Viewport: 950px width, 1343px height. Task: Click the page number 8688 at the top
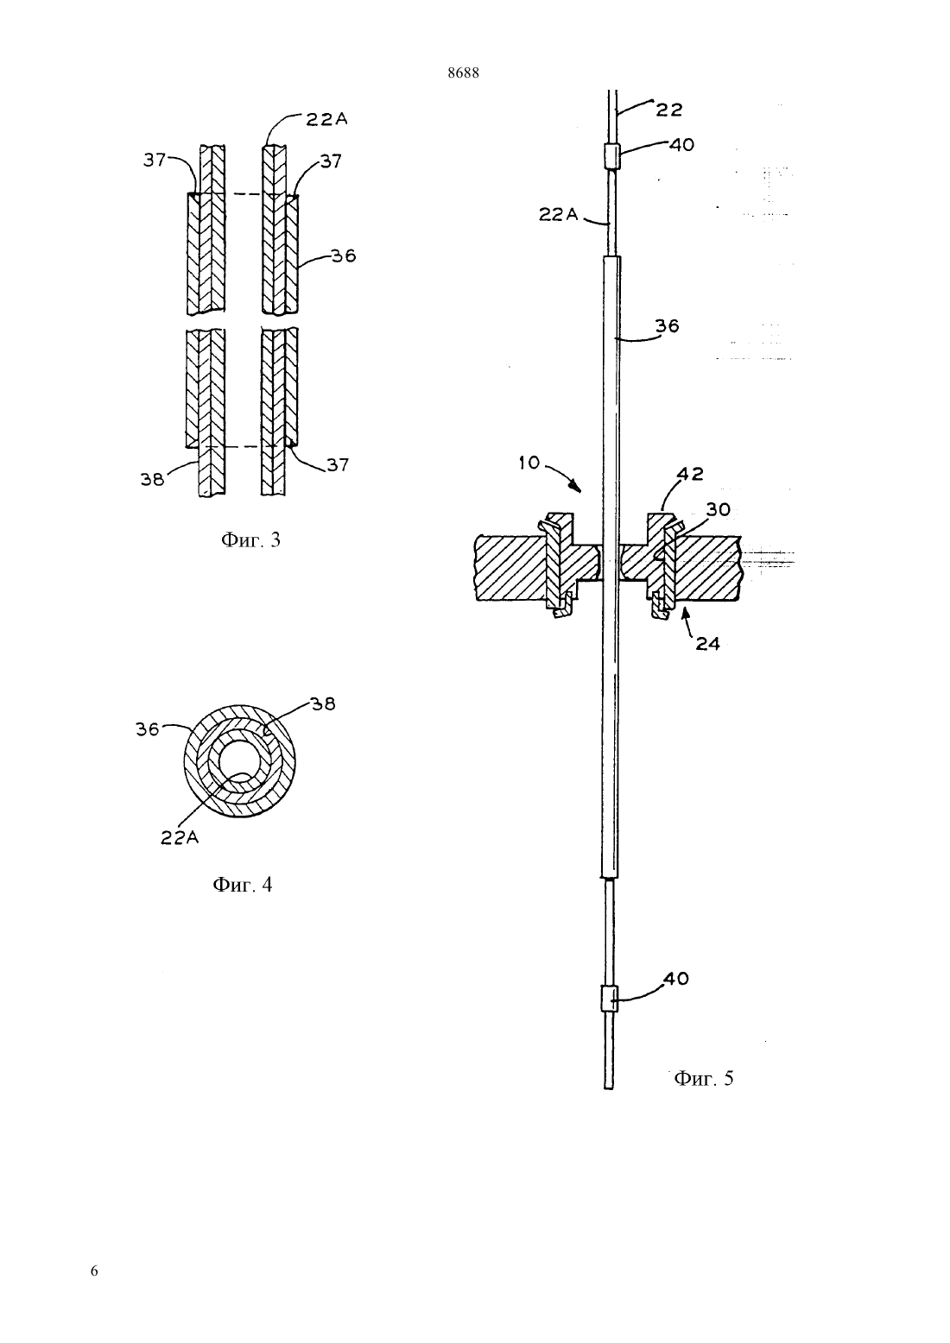tap(463, 73)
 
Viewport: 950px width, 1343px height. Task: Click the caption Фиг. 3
tap(250, 540)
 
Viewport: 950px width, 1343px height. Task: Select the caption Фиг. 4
tap(243, 885)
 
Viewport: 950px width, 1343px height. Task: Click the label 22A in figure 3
tap(326, 119)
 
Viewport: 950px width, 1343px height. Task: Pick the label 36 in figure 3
tap(344, 256)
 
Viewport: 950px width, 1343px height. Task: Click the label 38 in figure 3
tap(152, 480)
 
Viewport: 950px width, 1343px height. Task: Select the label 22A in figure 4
tap(180, 838)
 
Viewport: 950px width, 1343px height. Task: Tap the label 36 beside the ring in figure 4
tap(148, 729)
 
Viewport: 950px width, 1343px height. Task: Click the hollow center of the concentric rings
tap(238, 762)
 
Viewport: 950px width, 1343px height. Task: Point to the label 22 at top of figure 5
tap(669, 110)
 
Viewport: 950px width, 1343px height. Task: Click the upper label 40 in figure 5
tap(682, 144)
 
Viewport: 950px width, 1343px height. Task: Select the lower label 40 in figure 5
tap(676, 979)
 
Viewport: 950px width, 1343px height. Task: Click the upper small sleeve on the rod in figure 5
tap(611, 157)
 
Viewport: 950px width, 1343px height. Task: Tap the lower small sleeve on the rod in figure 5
tap(609, 999)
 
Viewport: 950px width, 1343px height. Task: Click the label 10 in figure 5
tap(529, 463)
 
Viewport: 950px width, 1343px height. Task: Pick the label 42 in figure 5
tap(690, 474)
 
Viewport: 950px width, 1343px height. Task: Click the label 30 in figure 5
tap(718, 509)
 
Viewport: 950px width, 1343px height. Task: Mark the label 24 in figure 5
tap(707, 644)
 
